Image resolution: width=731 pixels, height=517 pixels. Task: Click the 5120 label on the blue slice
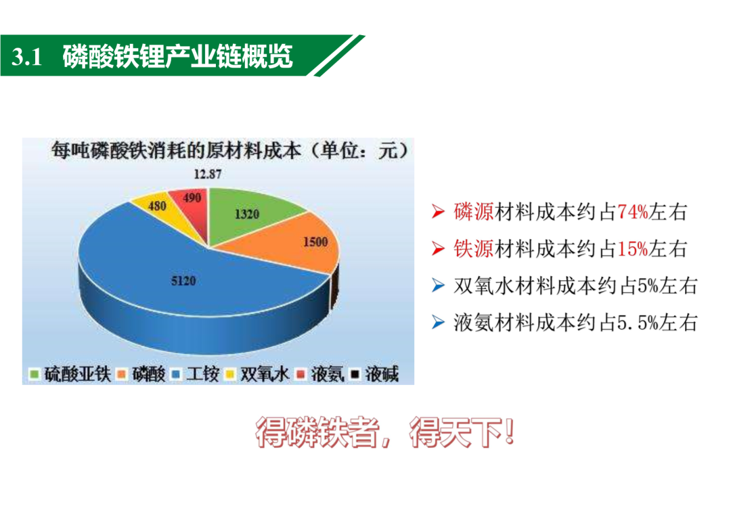click(x=183, y=281)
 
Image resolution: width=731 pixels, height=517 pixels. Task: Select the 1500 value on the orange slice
click(x=315, y=242)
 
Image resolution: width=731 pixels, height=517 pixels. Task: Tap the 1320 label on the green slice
click(x=246, y=214)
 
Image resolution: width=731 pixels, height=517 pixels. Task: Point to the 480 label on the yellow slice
click(x=157, y=206)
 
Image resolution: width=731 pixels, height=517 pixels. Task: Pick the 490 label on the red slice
click(x=192, y=198)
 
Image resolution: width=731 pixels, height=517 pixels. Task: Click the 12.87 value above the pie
click(x=208, y=175)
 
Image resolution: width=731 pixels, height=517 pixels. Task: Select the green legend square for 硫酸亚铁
click(x=34, y=374)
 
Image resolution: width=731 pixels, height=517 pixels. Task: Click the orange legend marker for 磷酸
click(x=122, y=374)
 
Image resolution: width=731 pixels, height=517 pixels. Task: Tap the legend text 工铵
click(x=203, y=374)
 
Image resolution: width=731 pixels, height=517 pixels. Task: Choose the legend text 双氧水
click(x=265, y=374)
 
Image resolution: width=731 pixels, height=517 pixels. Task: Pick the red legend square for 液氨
click(x=301, y=374)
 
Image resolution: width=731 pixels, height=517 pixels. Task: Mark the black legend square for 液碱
click(x=355, y=374)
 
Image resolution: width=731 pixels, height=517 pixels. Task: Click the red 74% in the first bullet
click(x=633, y=212)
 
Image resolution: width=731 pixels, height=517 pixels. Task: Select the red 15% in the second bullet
click(x=633, y=249)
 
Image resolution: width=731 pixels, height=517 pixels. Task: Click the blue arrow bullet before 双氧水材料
click(x=438, y=286)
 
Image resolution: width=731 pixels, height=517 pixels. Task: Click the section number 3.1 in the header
click(x=26, y=57)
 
